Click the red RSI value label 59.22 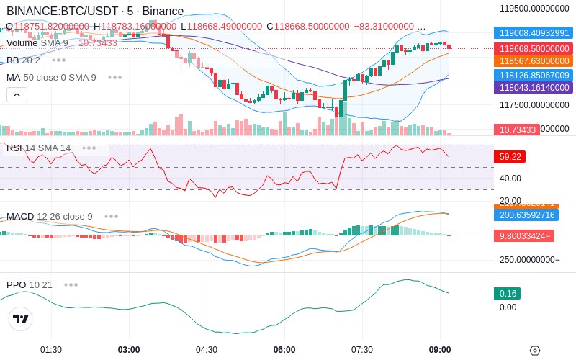(508, 156)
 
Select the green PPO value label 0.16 (507, 294)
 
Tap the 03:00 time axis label (129, 350)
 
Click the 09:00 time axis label (440, 350)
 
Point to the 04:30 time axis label (207, 350)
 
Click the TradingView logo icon (21, 319)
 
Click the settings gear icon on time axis (534, 351)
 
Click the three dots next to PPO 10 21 (71, 284)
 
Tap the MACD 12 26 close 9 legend (49, 216)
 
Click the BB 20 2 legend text (23, 60)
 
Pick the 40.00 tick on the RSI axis (510, 179)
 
